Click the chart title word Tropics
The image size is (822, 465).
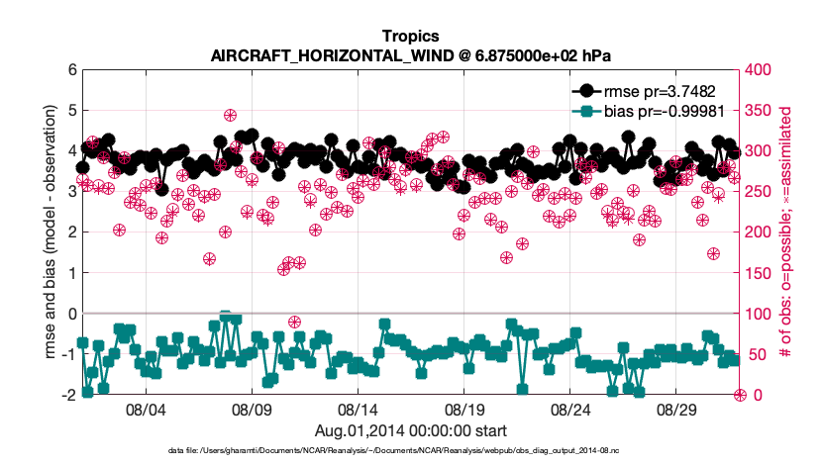pyautogui.click(x=410, y=38)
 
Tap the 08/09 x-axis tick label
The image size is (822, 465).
pyautogui.click(x=252, y=409)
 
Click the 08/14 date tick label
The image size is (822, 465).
pyautogui.click(x=358, y=409)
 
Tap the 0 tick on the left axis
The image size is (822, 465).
pyautogui.click(x=72, y=314)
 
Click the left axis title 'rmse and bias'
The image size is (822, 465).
pyautogui.click(x=48, y=232)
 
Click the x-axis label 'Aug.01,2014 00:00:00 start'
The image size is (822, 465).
pyautogui.click(x=410, y=430)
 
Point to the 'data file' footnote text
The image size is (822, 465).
pyautogui.click(x=410, y=450)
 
